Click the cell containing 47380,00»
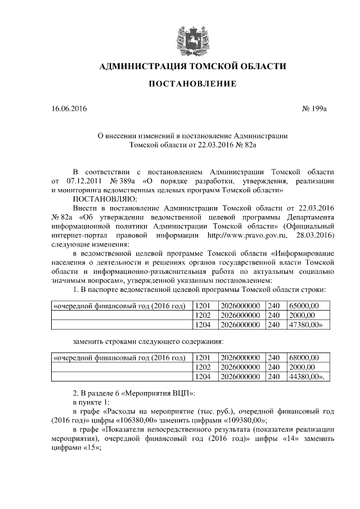(305, 325)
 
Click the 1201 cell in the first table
(202, 305)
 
